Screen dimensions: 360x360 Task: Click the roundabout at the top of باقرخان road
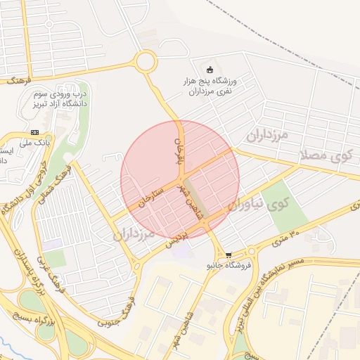point(146,62)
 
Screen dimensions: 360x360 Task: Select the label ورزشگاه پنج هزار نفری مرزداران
point(208,86)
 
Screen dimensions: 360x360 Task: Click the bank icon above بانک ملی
point(35,132)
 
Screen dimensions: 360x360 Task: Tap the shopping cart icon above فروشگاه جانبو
point(229,255)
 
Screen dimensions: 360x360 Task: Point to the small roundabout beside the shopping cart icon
point(251,252)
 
